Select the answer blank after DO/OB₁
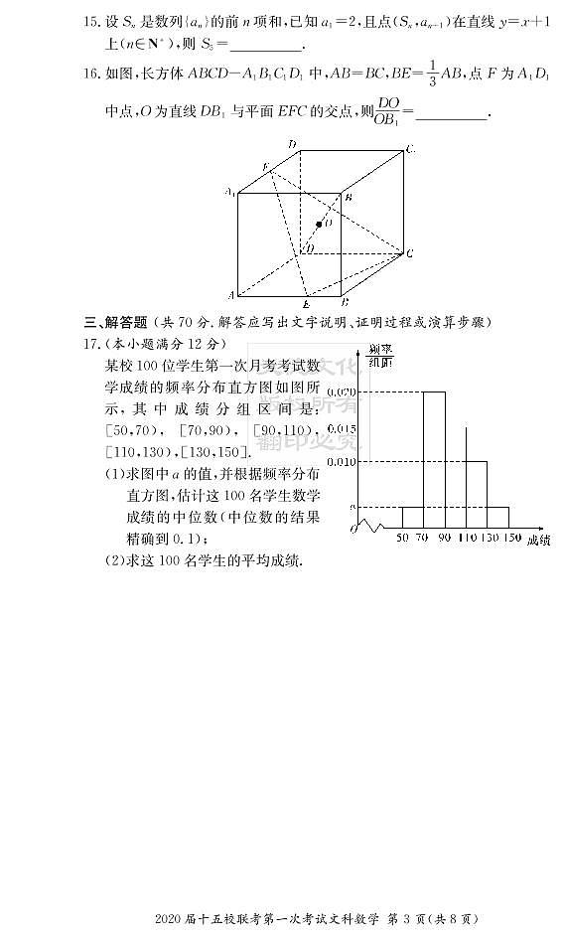[452, 115]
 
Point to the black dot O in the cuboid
[319, 225]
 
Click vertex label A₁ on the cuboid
[229, 191]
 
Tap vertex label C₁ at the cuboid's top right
[410, 149]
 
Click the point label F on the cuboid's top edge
[264, 165]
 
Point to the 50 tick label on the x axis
[402, 538]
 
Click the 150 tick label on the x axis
[511, 538]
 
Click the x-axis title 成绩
[538, 540]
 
